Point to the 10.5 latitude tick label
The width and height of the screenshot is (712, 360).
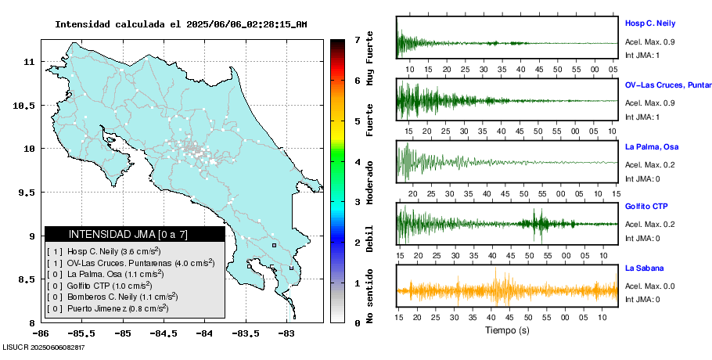coord(28,105)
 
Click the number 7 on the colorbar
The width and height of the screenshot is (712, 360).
coord(357,39)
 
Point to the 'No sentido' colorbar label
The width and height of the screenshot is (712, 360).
coord(369,296)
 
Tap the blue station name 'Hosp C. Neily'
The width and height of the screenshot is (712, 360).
coord(649,23)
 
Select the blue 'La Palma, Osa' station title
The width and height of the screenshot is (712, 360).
coord(651,146)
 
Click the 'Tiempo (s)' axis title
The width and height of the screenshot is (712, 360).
coord(507,330)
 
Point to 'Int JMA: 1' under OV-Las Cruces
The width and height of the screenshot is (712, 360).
coord(642,117)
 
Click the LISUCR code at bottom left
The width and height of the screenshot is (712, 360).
coord(43,347)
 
